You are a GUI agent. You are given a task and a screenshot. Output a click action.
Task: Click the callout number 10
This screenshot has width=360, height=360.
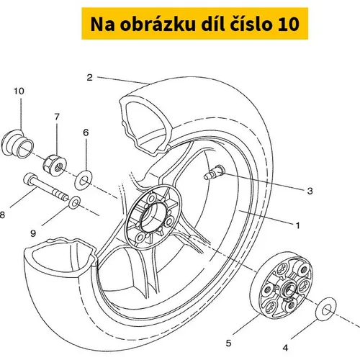pyautogui.click(x=19, y=91)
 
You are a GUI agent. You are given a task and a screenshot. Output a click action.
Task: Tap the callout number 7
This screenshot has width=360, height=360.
pyautogui.click(x=57, y=117)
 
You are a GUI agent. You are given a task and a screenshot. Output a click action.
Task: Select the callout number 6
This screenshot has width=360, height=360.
pyautogui.click(x=86, y=132)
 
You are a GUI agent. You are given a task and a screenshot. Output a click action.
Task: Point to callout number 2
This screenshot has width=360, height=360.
pyautogui.click(x=89, y=78)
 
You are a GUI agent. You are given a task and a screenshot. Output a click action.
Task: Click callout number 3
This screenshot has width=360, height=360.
pyautogui.click(x=310, y=191)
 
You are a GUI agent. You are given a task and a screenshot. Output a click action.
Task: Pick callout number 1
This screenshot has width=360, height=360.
pyautogui.click(x=298, y=225)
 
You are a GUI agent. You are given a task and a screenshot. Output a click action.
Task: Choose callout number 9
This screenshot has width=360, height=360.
pyautogui.click(x=33, y=233)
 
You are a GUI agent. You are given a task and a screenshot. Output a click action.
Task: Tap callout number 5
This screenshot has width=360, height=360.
pyautogui.click(x=228, y=343)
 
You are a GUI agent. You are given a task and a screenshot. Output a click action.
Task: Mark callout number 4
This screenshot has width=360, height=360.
pyautogui.click(x=285, y=348)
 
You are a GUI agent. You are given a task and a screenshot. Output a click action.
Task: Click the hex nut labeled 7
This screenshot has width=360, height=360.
pyautogui.click(x=55, y=166)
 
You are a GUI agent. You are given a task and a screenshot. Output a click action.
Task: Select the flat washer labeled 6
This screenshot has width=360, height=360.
pyautogui.click(x=84, y=180)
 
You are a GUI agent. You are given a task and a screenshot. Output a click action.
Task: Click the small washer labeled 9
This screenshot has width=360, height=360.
pyautogui.click(x=74, y=203)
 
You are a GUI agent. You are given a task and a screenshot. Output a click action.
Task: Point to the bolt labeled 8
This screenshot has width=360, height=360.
pyautogui.click(x=46, y=187)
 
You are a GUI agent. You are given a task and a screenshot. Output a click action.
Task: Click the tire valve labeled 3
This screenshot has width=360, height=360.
pyautogui.click(x=214, y=172)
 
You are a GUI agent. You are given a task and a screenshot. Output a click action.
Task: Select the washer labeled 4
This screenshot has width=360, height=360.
pyautogui.click(x=326, y=309)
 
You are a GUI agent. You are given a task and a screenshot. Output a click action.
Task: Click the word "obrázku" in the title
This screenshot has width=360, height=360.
pyautogui.click(x=158, y=24)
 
